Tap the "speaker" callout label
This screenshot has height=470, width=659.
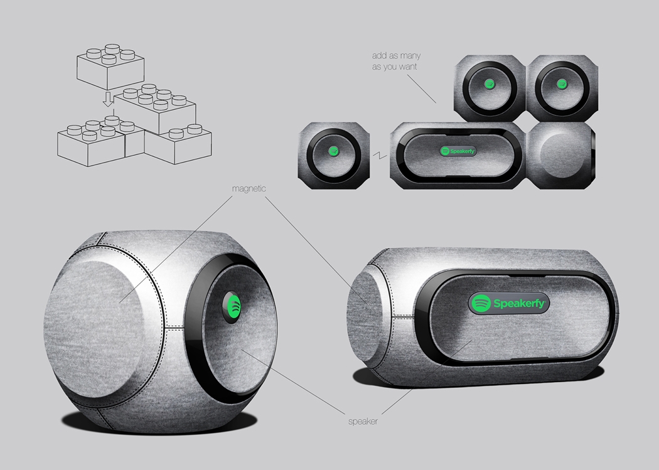coord(363,421)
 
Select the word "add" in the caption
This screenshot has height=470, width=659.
coord(379,56)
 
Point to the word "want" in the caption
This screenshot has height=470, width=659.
coord(407,67)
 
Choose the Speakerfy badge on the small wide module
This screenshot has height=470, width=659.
coord(458,151)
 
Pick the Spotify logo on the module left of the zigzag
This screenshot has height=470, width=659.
coord(335,151)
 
